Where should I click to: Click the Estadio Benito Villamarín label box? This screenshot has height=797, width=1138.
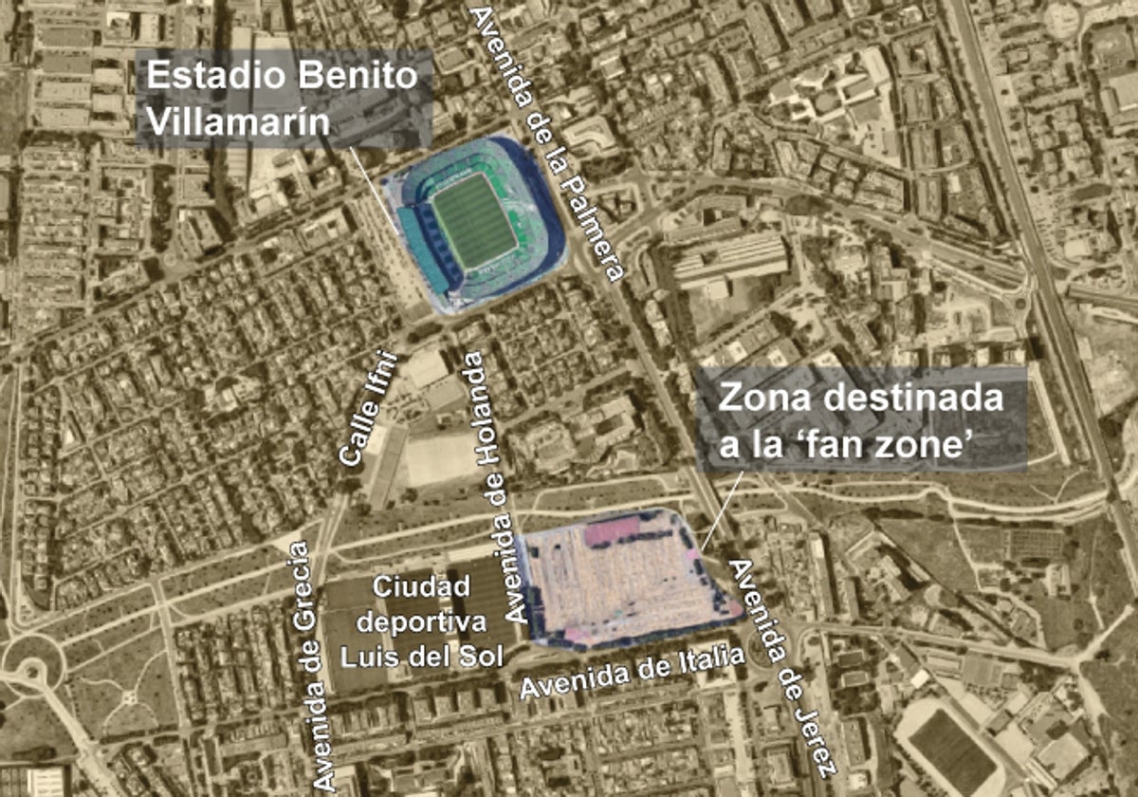coord(284,99)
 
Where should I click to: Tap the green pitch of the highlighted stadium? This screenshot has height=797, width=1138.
coord(474,220)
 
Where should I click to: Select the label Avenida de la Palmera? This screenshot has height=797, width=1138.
coord(547,142)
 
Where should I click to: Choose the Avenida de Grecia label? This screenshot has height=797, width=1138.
coord(313,664)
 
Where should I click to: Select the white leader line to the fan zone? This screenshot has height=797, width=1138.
coord(721,512)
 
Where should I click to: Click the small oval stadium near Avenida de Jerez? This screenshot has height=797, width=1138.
coord(948,750)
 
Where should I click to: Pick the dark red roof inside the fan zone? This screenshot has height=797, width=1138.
coord(612,530)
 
